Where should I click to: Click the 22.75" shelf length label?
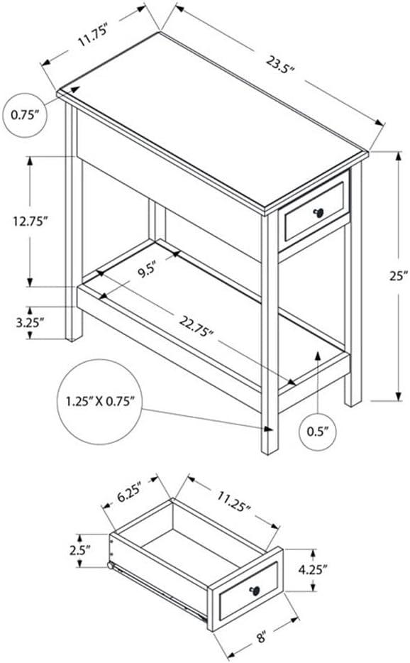coord(196,329)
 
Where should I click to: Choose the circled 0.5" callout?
coord(316,430)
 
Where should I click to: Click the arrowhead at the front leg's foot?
coord(268,429)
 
